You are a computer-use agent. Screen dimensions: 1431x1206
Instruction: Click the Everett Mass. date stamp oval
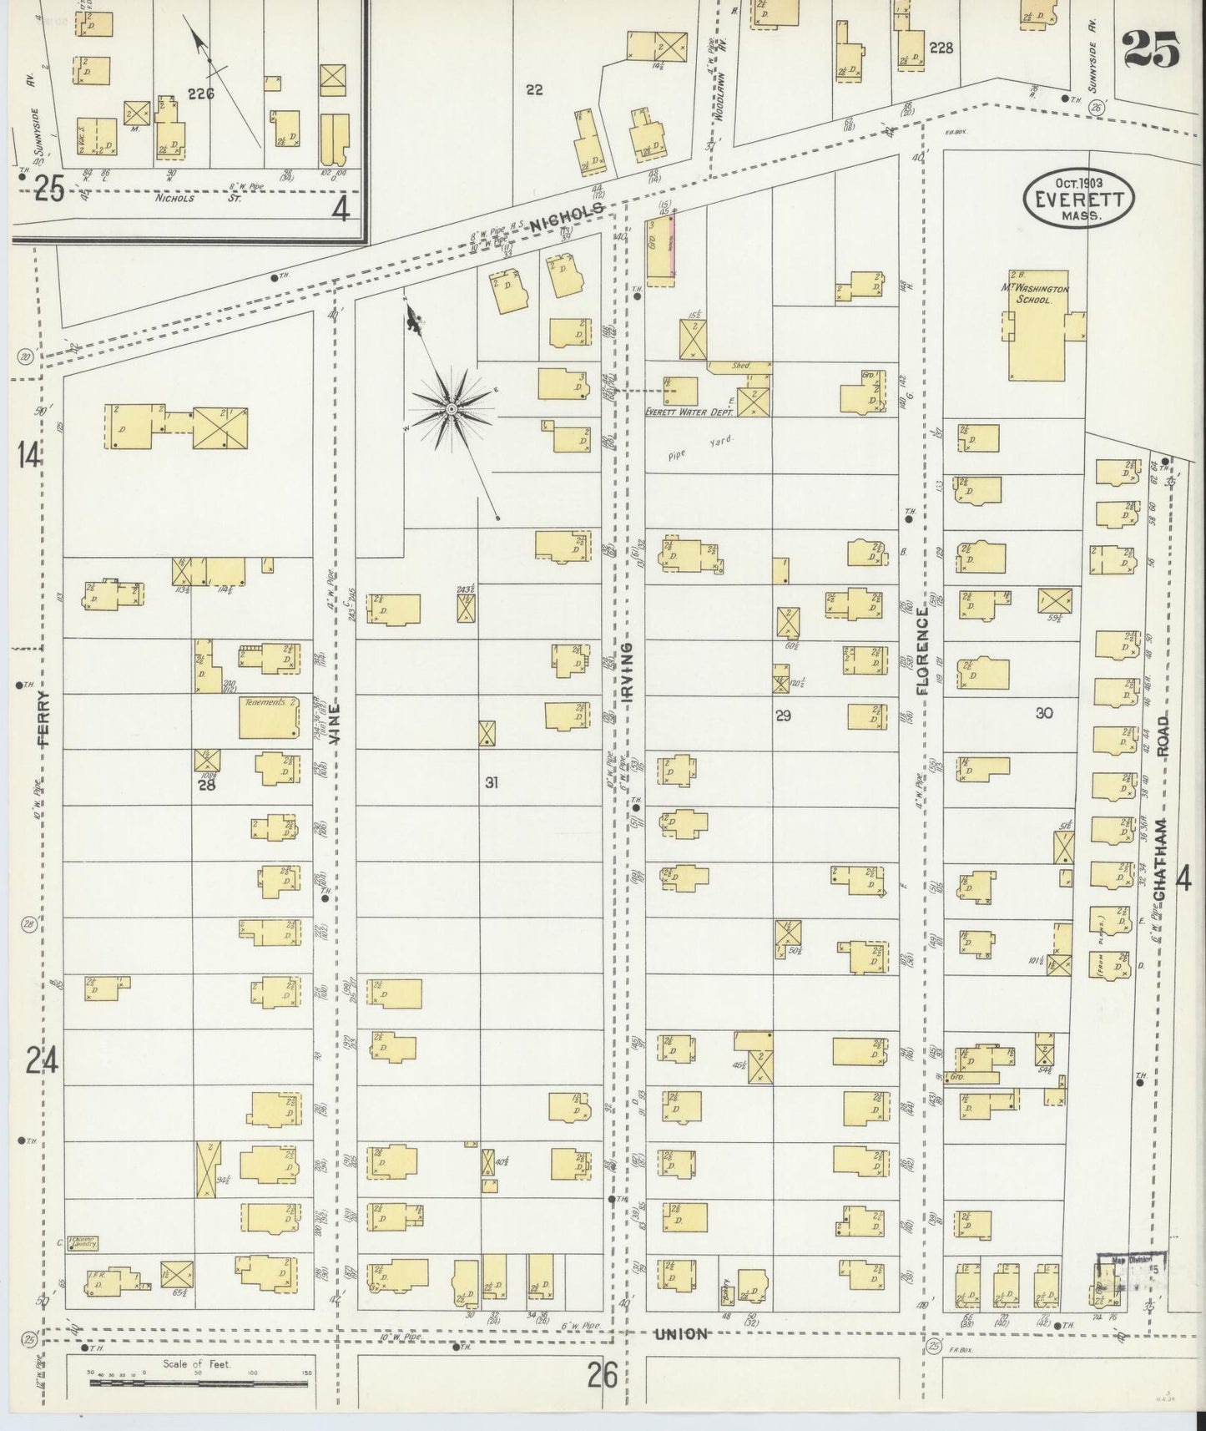click(x=1078, y=197)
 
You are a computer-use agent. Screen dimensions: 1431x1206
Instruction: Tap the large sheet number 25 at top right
click(x=1151, y=49)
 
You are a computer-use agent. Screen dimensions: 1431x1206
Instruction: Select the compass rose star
click(x=452, y=409)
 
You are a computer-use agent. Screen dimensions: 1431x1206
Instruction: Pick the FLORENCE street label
click(x=921, y=651)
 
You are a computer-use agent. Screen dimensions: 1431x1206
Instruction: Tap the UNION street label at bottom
click(x=681, y=1333)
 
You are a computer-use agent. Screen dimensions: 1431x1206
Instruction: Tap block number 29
click(x=783, y=715)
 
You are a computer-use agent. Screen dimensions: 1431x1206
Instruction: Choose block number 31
click(x=492, y=782)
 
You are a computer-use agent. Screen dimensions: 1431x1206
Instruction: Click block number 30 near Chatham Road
click(x=1043, y=712)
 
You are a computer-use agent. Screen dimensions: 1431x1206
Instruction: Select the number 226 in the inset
click(x=201, y=94)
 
